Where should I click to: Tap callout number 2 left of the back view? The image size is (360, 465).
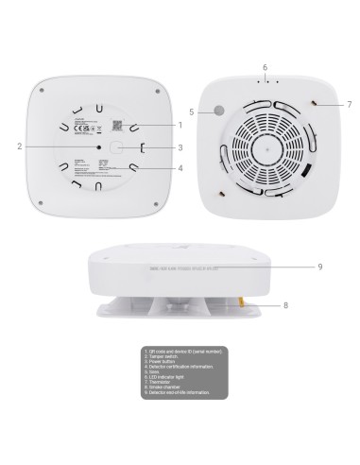[18, 146]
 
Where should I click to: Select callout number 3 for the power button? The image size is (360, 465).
[180, 147]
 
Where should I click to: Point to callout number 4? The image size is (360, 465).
[180, 169]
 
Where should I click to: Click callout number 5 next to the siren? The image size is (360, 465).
[192, 112]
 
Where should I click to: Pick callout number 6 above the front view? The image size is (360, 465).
[265, 67]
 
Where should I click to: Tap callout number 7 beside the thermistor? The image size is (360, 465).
[349, 103]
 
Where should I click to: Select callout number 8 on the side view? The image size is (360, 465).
[284, 305]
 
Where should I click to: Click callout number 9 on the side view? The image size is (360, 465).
[320, 267]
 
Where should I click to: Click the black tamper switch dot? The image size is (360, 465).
[97, 146]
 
